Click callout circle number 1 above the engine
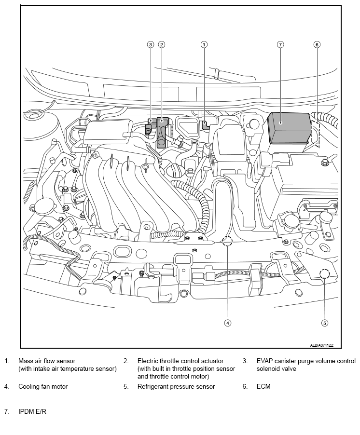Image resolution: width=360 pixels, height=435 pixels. pos(204,44)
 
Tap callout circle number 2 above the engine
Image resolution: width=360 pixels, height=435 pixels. pos(162,44)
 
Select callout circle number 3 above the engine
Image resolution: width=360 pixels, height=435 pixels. pos(151,44)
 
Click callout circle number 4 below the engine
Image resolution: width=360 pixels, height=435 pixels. pos(228,323)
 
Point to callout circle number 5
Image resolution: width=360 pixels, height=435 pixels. pos(325,323)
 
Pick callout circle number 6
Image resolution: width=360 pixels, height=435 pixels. pos(317,44)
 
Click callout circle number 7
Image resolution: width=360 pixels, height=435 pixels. pos(280,44)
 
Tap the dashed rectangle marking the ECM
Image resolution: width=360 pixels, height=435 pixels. pos(316,133)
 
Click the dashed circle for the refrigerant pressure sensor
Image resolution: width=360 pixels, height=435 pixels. pos(325,274)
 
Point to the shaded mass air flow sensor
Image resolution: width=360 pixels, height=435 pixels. pos(205,124)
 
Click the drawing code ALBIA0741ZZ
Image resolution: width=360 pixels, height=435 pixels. pos(321,345)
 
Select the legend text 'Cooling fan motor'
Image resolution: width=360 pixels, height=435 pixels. pos(43,386)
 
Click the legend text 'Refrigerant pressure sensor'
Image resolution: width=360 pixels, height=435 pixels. pos(176,386)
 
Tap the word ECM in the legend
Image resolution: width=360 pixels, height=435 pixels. pos(263,386)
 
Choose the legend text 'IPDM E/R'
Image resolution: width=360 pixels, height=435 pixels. pos(32,411)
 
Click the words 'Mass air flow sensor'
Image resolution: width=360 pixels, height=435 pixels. pos(47,361)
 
